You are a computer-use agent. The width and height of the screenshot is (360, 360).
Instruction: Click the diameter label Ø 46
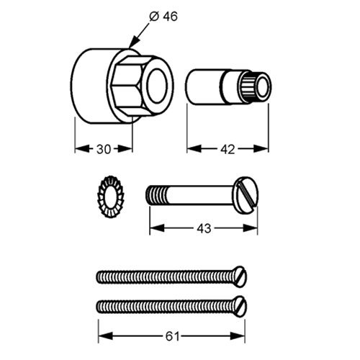click(163, 17)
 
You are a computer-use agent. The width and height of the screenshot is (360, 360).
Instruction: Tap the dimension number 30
click(104, 149)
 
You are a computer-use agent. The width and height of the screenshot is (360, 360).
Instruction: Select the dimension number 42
click(228, 150)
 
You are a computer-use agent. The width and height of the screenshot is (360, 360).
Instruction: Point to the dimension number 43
click(204, 228)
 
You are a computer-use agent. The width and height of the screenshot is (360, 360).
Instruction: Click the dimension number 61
click(172, 337)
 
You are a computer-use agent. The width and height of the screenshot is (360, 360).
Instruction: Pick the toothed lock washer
click(111, 197)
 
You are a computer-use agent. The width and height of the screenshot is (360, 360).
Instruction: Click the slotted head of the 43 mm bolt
click(246, 195)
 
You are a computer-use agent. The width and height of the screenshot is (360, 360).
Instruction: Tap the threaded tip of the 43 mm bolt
click(156, 195)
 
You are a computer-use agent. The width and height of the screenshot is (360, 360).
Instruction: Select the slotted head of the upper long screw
click(240, 276)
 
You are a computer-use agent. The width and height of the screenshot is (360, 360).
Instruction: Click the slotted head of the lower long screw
click(240, 307)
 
